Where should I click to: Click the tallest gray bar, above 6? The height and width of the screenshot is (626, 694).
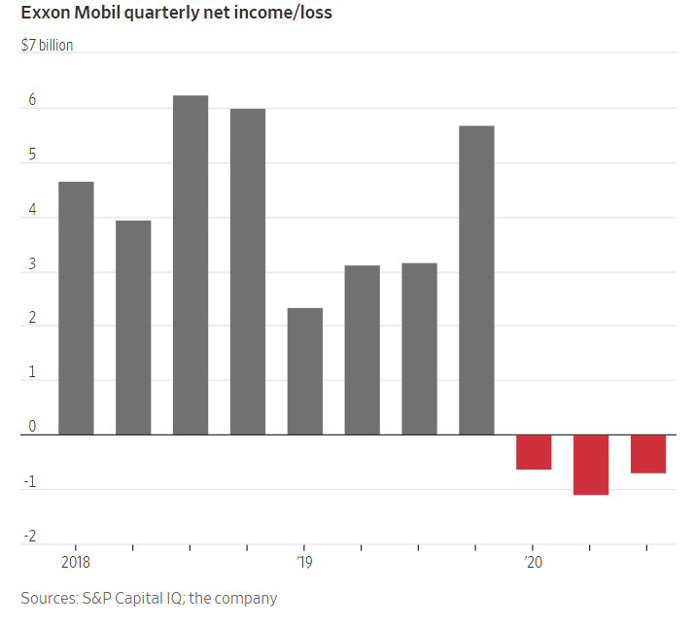point(191,264)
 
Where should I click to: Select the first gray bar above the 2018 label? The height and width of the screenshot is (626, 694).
point(76,307)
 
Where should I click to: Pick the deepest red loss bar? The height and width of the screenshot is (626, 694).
point(591,465)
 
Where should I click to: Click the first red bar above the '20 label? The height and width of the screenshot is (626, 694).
point(534,452)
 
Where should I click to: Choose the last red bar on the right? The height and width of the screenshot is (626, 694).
point(648,454)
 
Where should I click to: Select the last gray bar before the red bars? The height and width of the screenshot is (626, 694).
point(476,280)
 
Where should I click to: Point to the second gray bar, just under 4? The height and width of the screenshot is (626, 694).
point(133,327)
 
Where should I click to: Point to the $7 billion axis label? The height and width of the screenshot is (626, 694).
point(47,45)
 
